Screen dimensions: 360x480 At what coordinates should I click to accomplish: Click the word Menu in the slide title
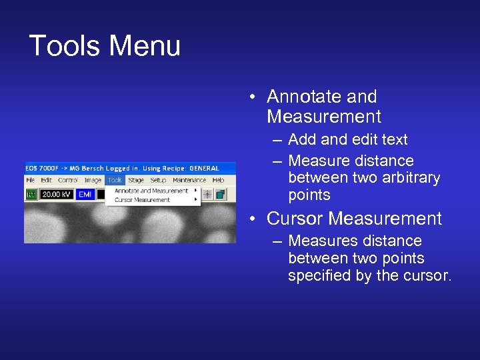pos(145,46)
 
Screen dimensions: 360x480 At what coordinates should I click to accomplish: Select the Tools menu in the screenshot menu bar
pos(115,180)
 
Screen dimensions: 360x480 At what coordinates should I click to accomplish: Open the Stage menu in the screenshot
pos(136,180)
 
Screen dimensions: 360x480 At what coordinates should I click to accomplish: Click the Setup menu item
pos(158,180)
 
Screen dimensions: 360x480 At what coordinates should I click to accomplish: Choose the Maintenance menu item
pos(189,180)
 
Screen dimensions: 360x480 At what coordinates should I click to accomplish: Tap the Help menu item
pos(218,180)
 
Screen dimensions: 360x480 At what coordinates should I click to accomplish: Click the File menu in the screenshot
pos(31,180)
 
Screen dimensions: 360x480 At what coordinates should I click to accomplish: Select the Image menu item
pos(93,180)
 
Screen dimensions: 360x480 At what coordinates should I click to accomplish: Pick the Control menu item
pos(68,180)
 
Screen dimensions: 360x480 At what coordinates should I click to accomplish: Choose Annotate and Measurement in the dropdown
pos(151,191)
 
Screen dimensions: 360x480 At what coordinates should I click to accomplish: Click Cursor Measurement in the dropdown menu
pos(142,199)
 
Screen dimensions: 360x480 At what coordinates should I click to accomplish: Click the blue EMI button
pos(85,194)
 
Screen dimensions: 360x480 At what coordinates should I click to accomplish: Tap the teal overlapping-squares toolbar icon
pos(220,194)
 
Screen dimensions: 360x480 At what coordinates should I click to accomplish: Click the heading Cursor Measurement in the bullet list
pos(354,219)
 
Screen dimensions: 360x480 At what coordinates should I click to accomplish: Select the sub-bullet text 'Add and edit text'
pos(347,140)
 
